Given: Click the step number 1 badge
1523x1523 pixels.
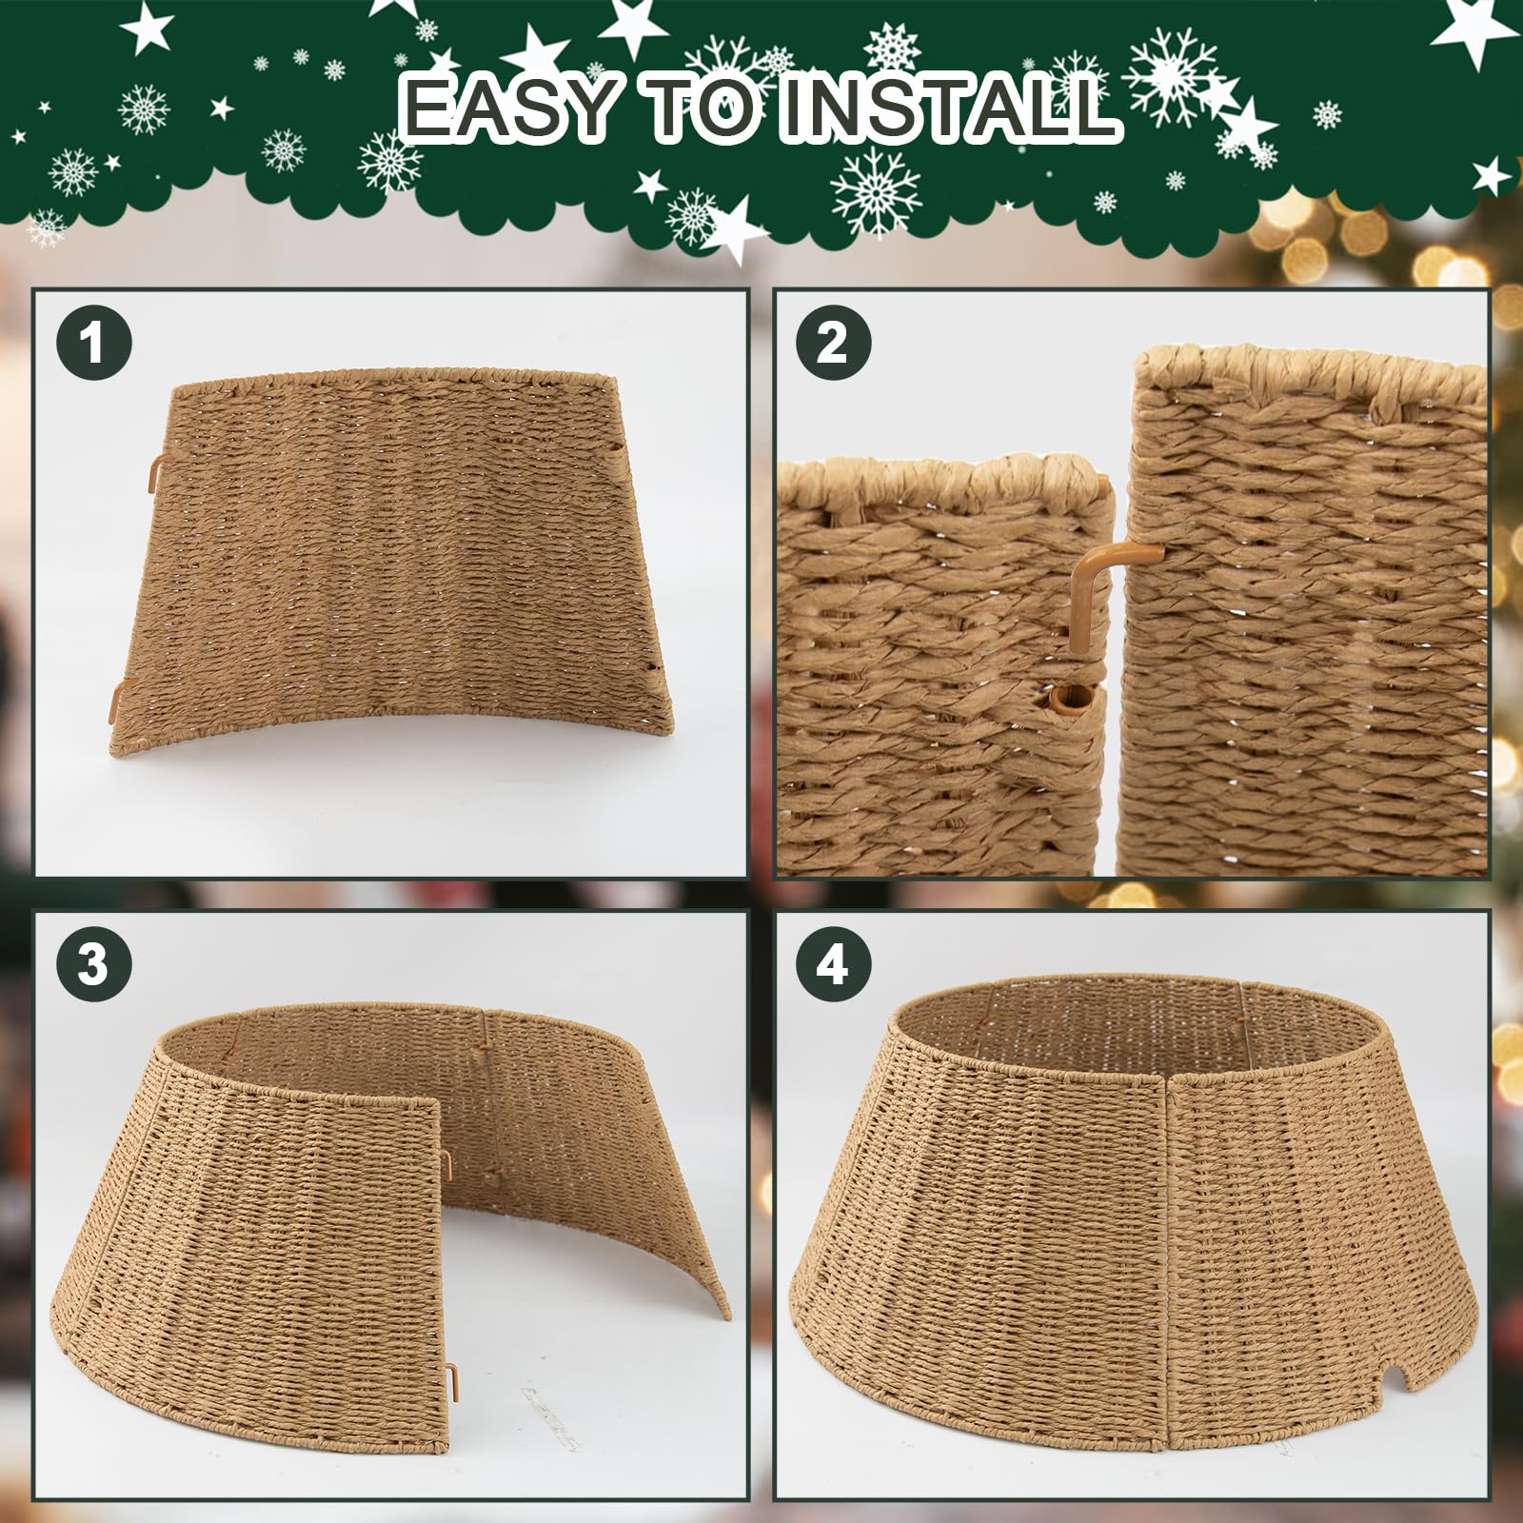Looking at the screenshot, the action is point(92,343).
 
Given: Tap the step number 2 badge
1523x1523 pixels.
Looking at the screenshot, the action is point(833,343).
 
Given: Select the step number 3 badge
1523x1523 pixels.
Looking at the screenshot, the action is point(92,964).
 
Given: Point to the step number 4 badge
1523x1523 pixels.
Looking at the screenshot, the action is point(833,964).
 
